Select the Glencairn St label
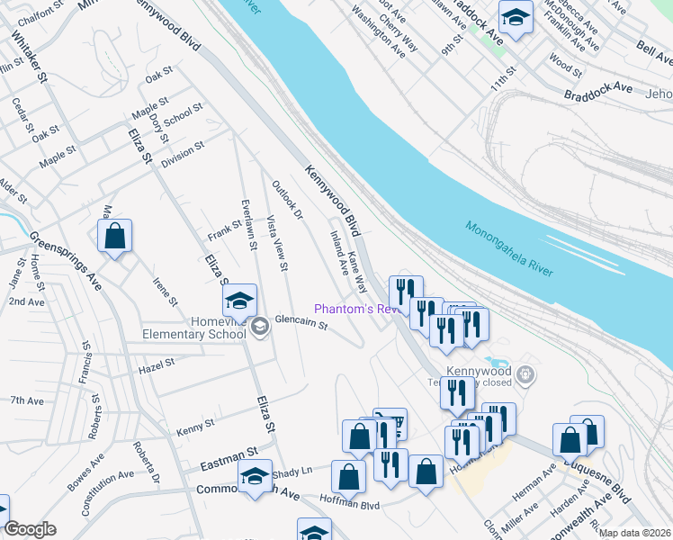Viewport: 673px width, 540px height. pyautogui.click(x=301, y=320)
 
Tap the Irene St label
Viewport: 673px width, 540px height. pyautogui.click(x=165, y=292)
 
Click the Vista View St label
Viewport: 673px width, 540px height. pyautogui.click(x=277, y=242)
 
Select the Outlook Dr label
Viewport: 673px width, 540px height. pyautogui.click(x=288, y=201)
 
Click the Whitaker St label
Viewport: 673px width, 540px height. pyautogui.click(x=30, y=57)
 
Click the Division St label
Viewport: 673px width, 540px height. pyautogui.click(x=183, y=154)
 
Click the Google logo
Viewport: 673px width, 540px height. pyautogui.click(x=30, y=529)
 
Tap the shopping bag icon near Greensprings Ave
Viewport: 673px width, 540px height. pyautogui.click(x=115, y=238)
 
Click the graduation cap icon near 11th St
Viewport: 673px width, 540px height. pyautogui.click(x=516, y=17)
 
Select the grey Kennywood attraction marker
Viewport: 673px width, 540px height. pyautogui.click(x=528, y=373)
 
